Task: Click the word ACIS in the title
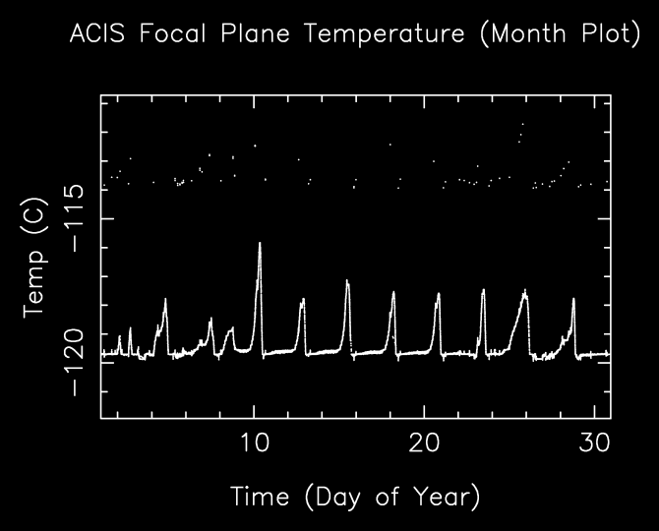click(x=97, y=33)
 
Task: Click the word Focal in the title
click(x=173, y=33)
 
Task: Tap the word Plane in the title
click(x=256, y=33)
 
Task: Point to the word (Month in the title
click(x=523, y=33)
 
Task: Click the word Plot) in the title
click(x=612, y=33)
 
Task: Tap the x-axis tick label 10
click(x=255, y=442)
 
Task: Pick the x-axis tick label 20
click(x=425, y=442)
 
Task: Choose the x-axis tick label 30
click(x=594, y=442)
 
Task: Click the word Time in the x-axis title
click(x=260, y=497)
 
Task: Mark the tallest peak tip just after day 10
click(x=260, y=243)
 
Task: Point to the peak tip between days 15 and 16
click(x=347, y=280)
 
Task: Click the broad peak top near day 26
click(x=524, y=291)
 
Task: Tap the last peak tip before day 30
click(x=573, y=299)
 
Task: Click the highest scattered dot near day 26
click(x=522, y=124)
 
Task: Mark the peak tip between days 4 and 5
click(x=165, y=299)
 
